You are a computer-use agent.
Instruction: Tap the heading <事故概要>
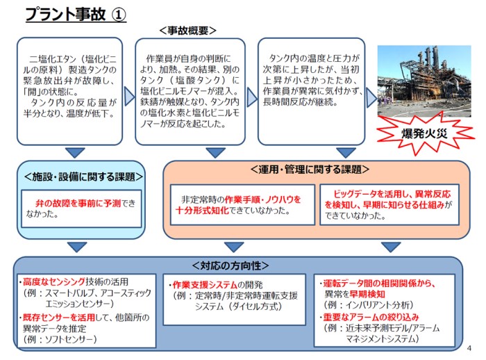187,31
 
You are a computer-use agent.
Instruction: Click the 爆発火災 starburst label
422,132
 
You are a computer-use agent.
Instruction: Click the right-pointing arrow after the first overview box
128,95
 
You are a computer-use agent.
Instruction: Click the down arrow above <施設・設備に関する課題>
72,153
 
